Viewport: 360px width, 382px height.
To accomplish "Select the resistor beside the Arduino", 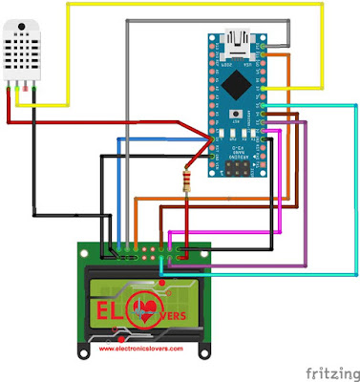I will click(x=184, y=179).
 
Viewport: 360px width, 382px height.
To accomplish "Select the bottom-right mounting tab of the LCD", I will click(x=202, y=350).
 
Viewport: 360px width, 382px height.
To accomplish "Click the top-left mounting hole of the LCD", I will click(x=87, y=250).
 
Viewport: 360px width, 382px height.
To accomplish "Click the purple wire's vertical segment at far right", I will click(x=304, y=191).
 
